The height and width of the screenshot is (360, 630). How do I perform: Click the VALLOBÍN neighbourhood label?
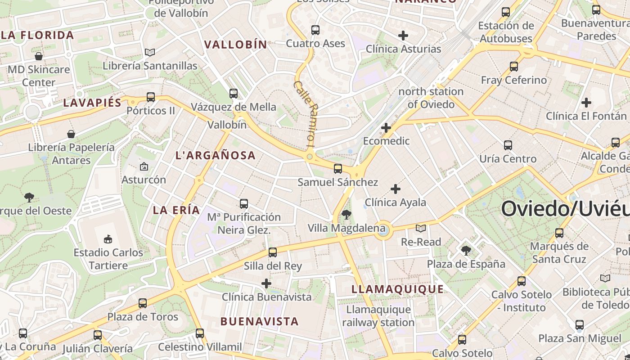coord(235,45)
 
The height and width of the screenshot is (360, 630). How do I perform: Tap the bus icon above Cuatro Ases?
coord(315,30)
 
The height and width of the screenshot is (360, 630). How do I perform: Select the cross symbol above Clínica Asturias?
coord(403,35)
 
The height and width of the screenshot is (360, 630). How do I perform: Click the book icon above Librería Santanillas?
coord(150,53)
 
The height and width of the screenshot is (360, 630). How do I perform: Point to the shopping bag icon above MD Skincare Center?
coord(39,56)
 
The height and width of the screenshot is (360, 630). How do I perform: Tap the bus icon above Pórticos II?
coord(151,97)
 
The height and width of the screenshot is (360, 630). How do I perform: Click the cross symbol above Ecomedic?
coord(386,128)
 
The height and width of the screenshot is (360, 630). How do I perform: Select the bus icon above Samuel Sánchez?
coord(337,169)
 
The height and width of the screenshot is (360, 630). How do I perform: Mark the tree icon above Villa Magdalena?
coord(346,215)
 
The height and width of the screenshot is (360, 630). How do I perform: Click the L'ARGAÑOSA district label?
coord(215,156)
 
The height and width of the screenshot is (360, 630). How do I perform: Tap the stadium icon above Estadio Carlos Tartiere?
coord(108,239)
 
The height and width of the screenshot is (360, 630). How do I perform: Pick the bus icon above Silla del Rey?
coord(272,252)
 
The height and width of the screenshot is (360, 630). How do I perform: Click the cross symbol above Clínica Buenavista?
coord(266,283)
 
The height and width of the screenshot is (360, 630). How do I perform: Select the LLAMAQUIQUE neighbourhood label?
coord(397,289)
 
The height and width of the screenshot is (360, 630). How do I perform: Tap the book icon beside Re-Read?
coord(421,229)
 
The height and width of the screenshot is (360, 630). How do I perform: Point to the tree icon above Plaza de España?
coord(466,251)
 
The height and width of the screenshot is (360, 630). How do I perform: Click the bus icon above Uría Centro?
coord(508,145)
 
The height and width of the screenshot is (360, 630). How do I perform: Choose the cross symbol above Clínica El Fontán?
coord(586,103)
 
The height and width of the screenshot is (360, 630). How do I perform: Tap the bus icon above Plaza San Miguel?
coord(580,324)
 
